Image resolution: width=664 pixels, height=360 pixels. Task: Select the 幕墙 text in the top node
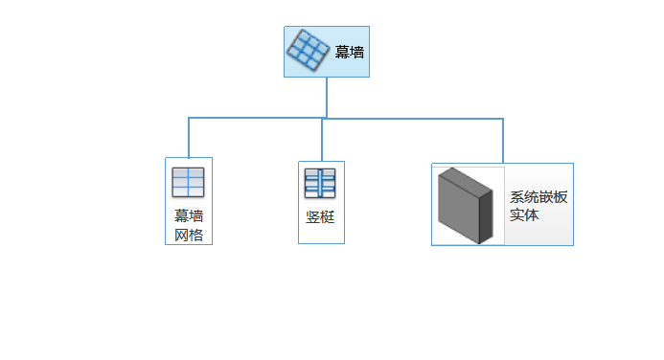349,53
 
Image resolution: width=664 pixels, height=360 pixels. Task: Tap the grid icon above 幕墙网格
188,182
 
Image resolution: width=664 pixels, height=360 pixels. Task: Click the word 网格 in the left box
189,235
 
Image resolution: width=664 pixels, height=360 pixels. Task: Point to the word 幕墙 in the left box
189,216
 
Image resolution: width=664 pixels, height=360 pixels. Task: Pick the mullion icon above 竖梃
320,183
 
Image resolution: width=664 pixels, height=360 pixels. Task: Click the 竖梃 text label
320,216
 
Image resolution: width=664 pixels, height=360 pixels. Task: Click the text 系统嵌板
538,197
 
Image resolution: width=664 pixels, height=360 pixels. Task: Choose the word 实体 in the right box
524,215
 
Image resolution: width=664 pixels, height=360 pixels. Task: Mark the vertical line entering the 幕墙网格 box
189,138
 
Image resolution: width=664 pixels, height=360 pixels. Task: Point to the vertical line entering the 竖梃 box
322,140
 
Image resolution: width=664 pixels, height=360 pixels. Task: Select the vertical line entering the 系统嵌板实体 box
503,141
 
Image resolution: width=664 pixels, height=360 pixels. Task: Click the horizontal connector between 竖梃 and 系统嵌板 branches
412,119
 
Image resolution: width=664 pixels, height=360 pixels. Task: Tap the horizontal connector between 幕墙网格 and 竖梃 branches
255,119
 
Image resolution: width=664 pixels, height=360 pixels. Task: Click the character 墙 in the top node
356,53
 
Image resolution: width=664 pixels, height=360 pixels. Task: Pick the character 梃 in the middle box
327,216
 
